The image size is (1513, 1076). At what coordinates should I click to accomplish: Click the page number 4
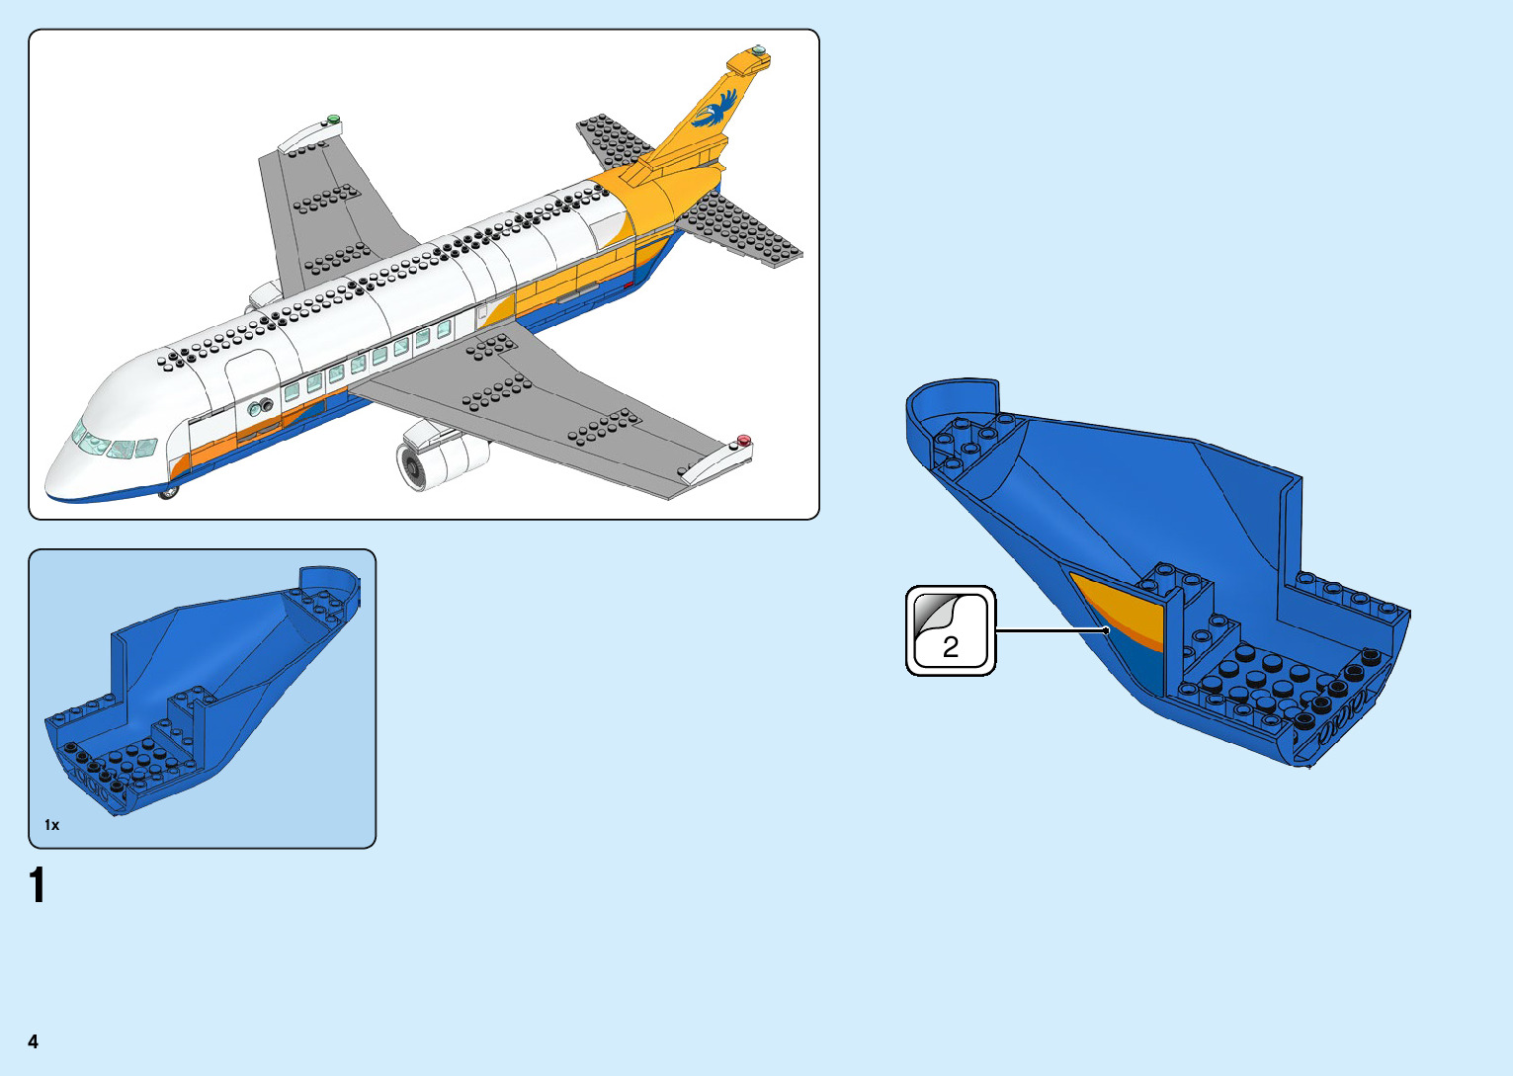[x=34, y=1041]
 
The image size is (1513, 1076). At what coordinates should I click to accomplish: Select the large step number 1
[x=38, y=885]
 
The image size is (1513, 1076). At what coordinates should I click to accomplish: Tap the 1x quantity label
[x=51, y=825]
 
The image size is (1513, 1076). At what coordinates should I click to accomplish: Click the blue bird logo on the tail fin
[x=716, y=109]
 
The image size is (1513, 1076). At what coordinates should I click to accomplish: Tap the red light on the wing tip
[x=743, y=441]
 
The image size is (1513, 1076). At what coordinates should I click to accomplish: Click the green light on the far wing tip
[x=334, y=120]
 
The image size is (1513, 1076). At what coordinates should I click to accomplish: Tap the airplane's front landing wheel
[x=170, y=490]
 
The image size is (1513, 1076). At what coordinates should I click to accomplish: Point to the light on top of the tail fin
[x=758, y=49]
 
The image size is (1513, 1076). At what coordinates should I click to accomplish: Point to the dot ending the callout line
[x=1106, y=630]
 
